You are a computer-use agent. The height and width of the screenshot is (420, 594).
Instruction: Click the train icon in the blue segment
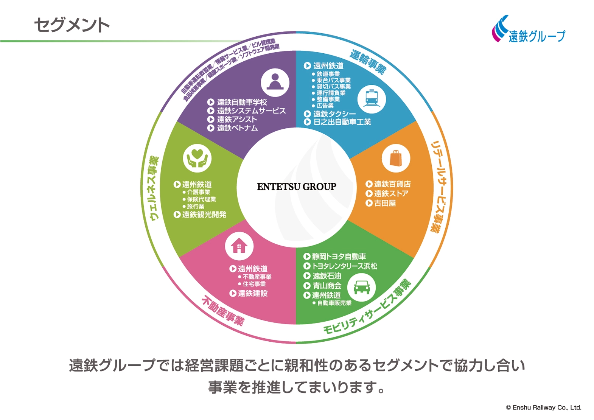(372, 99)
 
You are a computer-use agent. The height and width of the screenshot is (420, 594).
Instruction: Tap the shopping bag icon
(396, 158)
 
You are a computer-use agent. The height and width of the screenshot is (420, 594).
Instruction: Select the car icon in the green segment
(361, 287)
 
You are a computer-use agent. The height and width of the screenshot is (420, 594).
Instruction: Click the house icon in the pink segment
(239, 246)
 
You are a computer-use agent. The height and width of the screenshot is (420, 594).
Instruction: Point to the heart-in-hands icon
(197, 158)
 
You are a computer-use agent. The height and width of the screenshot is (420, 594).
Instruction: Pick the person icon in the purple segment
(275, 82)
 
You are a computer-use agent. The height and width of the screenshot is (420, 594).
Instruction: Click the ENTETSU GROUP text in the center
(297, 187)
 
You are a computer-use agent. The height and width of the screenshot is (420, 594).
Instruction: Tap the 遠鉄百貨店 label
(392, 184)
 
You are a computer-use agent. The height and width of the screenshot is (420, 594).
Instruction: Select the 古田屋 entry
(385, 203)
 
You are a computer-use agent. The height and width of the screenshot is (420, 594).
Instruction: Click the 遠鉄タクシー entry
(334, 114)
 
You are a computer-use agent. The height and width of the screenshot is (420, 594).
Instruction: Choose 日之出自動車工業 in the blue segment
(342, 122)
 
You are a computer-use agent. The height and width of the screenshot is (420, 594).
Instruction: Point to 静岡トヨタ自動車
(339, 257)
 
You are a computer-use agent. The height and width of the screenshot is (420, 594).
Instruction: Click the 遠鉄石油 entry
(327, 276)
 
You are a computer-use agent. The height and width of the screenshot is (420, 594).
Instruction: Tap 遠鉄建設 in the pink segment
(252, 293)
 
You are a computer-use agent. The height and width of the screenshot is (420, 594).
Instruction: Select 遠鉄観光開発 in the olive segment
(204, 215)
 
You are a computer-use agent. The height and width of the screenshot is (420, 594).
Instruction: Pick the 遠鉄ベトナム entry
(237, 128)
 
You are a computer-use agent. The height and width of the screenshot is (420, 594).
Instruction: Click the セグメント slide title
(72, 25)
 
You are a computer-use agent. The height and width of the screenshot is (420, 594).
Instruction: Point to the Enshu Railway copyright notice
(543, 408)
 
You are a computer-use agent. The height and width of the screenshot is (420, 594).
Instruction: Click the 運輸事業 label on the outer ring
(368, 62)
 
